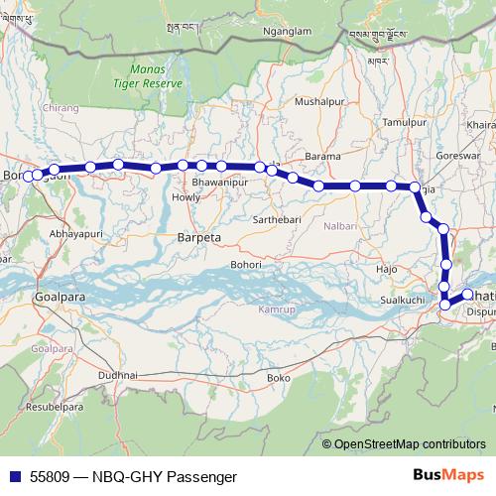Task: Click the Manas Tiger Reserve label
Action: coord(157,76)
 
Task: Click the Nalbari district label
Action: coord(339,226)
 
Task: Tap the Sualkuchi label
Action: coord(403,299)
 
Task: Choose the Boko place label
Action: coord(279,378)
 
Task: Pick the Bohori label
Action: coord(245,265)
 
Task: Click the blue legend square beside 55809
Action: coord(12,476)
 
